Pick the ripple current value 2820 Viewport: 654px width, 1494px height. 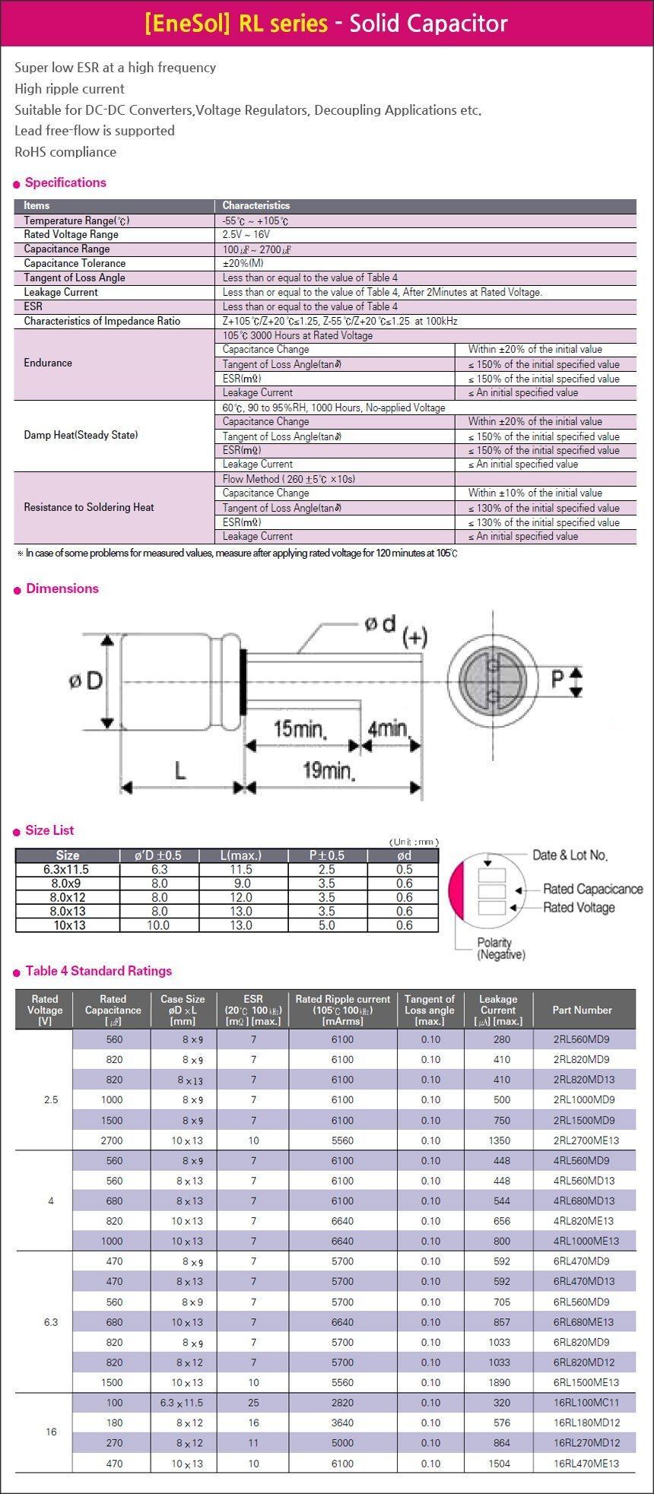pyautogui.click(x=342, y=1402)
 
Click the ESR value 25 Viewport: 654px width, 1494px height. pyautogui.click(x=253, y=1402)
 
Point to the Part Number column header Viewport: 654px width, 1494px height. pyautogui.click(x=583, y=1010)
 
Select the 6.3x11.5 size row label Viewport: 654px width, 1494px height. pyautogui.click(x=67, y=869)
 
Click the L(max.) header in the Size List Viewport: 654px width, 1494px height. pyautogui.click(x=243, y=855)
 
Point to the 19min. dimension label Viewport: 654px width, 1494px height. pyautogui.click(x=329, y=771)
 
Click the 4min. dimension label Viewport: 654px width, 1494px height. pyautogui.click(x=388, y=729)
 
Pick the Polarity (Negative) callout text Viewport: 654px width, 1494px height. pyautogui.click(x=500, y=948)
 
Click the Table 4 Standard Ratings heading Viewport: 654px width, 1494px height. pyautogui.click(x=99, y=971)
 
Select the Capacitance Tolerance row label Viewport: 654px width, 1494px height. pyautogui.click(x=75, y=263)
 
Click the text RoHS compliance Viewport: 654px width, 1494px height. pyautogui.click(x=65, y=152)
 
